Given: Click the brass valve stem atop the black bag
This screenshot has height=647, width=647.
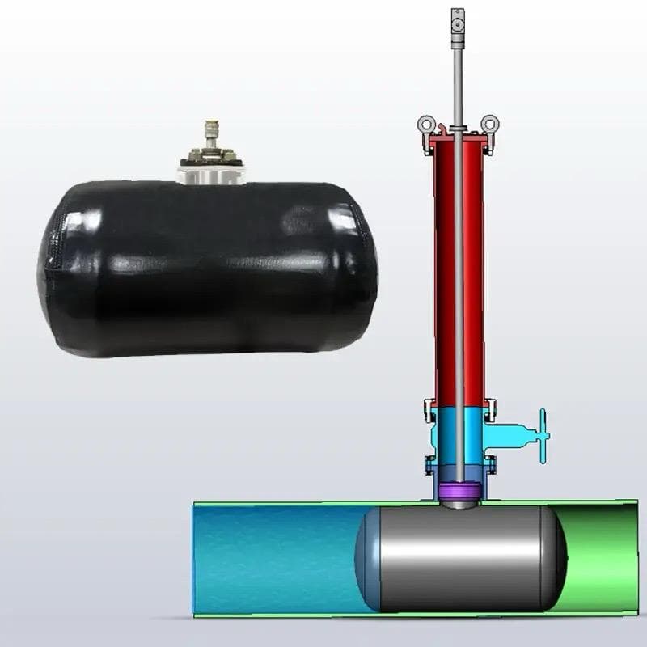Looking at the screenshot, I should pos(211,133).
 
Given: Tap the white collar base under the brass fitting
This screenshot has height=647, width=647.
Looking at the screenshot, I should pos(211,173).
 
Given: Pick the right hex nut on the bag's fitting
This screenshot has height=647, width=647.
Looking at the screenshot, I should pos(230,155).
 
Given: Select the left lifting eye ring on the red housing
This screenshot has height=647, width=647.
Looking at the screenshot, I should pos(426,125).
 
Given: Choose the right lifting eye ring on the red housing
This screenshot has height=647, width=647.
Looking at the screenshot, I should pos(489,125).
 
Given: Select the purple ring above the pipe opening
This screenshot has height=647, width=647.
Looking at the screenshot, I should pos(459,490).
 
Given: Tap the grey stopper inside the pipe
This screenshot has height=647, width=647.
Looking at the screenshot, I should pos(461,558).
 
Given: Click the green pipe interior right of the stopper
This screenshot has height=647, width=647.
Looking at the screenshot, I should pos(598,558).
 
